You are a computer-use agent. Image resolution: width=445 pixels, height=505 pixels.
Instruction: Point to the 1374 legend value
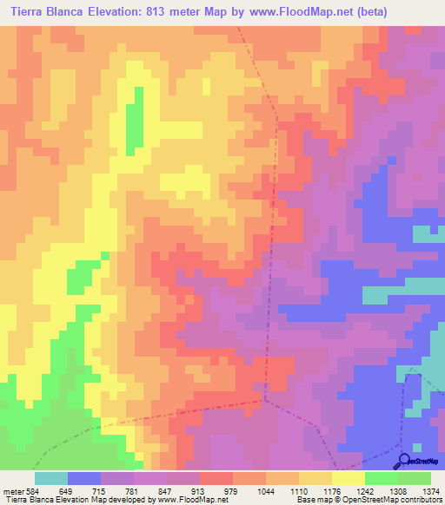(430, 492)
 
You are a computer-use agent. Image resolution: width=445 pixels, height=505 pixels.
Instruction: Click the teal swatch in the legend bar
(51, 478)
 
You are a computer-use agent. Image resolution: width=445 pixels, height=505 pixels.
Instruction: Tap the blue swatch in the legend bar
(84, 478)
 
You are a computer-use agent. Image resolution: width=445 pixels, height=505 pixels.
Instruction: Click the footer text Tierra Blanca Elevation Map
(52, 501)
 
